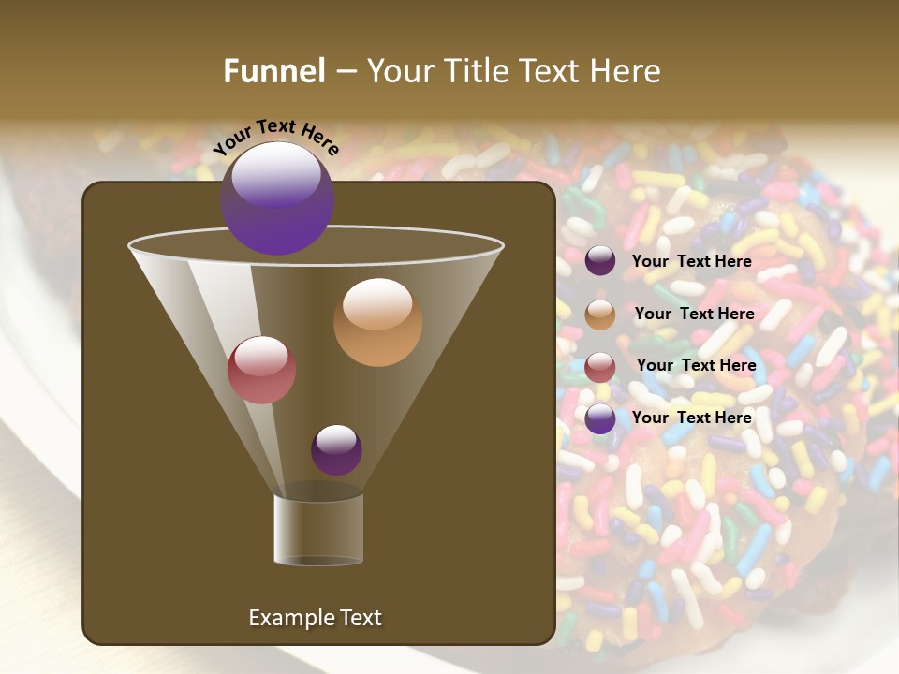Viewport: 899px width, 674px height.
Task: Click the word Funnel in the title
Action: tap(274, 71)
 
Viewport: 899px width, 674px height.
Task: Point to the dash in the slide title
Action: tap(346, 72)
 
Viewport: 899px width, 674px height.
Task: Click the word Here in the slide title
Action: tap(622, 71)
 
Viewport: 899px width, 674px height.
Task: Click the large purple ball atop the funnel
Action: tap(277, 198)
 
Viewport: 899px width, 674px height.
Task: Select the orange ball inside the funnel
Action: tap(377, 322)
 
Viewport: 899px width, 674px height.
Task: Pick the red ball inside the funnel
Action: tap(261, 370)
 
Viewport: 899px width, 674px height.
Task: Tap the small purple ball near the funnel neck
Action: tap(336, 450)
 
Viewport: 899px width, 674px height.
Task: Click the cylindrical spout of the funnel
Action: tap(318, 529)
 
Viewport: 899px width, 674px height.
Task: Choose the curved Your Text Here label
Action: tap(275, 137)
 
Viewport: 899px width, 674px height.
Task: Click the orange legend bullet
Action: tap(600, 315)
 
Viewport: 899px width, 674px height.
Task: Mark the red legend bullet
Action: tap(600, 366)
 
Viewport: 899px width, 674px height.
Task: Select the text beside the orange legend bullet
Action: tap(694, 314)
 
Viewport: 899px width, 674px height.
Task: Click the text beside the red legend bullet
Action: tap(696, 365)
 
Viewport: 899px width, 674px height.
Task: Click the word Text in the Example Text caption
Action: tap(359, 618)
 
